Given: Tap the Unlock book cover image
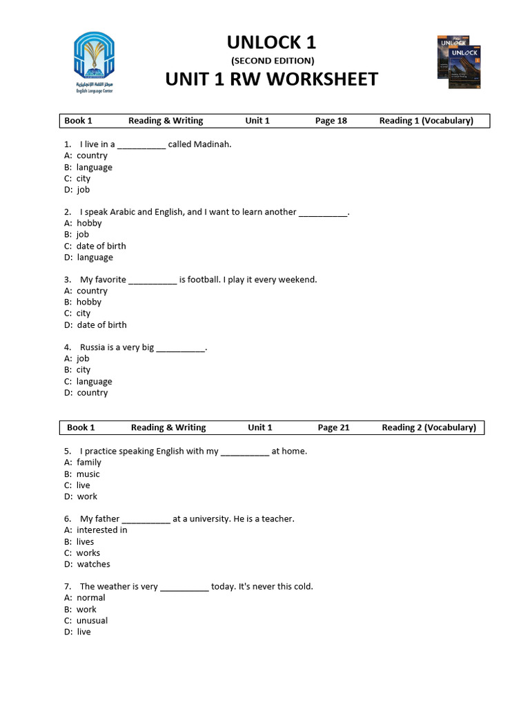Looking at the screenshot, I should coord(459,61).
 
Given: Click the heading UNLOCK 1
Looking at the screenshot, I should coord(271,42).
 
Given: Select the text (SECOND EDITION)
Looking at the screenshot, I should coord(272,61).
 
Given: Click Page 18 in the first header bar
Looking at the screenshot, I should coord(331,121).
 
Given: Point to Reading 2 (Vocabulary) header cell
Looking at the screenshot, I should coord(429,427).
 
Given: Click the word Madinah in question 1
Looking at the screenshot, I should coord(211,144).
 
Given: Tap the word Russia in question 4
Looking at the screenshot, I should coord(92,347).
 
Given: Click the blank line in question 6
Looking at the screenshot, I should coord(146,519).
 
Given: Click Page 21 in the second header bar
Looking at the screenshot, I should coord(333,427).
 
